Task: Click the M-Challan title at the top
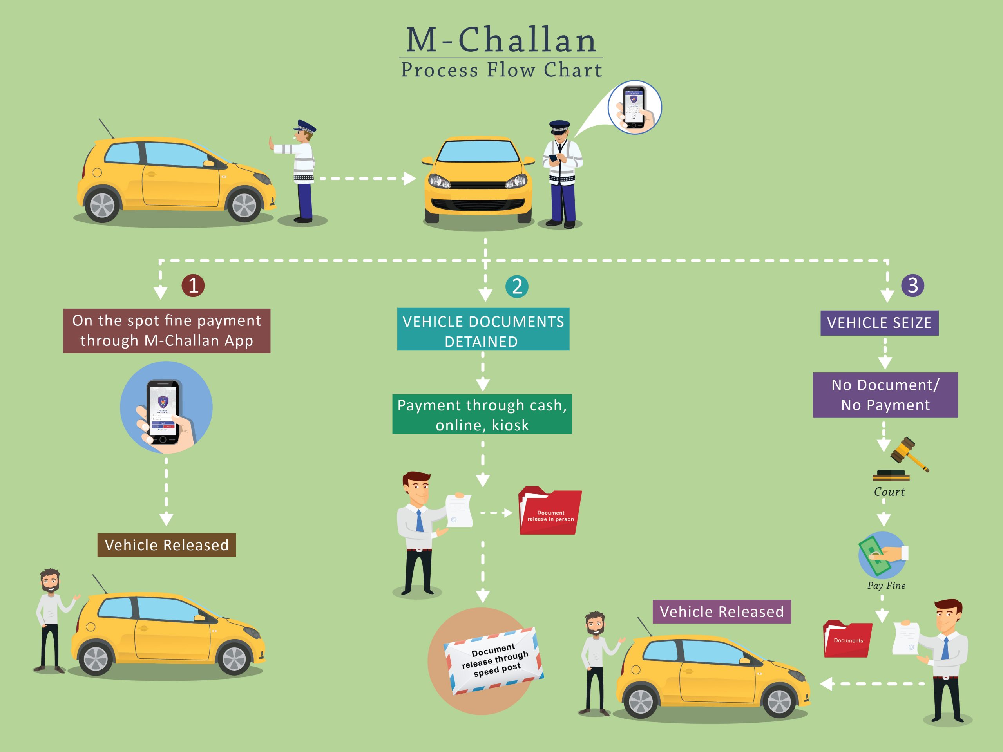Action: click(501, 40)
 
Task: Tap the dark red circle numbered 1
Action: click(193, 286)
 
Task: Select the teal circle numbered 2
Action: click(517, 286)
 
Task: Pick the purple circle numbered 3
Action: click(912, 286)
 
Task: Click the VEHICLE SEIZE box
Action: click(879, 323)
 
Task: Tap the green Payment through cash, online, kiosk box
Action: click(482, 414)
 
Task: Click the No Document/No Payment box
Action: click(885, 395)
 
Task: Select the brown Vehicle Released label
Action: click(167, 545)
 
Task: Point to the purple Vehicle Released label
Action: click(721, 612)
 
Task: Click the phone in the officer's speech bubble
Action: click(634, 108)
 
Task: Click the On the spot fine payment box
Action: click(167, 331)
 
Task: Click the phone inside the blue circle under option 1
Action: click(164, 410)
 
